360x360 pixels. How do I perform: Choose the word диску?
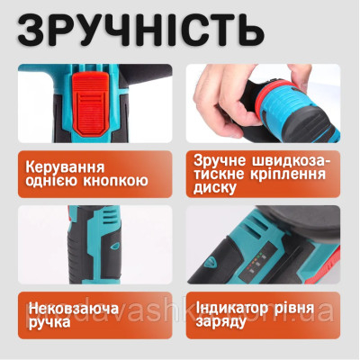pyautogui.click(x=216, y=189)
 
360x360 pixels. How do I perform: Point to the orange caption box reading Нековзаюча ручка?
pyautogui.click(x=90, y=312)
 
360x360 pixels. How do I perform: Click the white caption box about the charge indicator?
pyautogui.click(x=271, y=312)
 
